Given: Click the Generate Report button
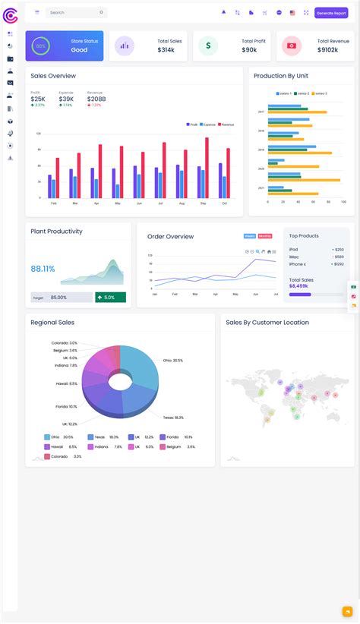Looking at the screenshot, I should pos(331,13).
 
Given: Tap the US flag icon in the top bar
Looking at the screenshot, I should pos(292,13).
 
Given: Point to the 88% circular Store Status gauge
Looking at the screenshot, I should pos(40,46).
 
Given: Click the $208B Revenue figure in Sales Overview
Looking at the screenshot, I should pos(96,99).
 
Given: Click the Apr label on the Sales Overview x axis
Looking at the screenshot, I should pos(96,203).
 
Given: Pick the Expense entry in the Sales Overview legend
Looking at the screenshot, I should pos(207,124).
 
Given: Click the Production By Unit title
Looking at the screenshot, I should pos(280,76).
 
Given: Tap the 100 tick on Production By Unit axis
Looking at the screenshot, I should pos(343,202).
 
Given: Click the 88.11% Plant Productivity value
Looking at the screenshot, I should pos(43,269).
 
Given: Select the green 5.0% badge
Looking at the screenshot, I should pos(110,298).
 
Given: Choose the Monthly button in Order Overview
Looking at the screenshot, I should pos(264,236).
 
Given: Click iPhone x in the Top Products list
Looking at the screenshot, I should pos(298,264).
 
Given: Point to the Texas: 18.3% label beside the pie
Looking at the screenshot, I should pos(173,418).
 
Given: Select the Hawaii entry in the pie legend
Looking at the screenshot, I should pos(57,446).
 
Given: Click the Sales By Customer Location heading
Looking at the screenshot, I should pos(267,323).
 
